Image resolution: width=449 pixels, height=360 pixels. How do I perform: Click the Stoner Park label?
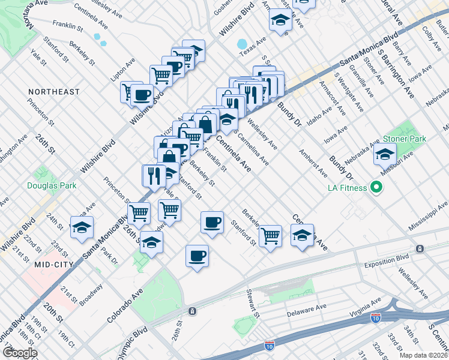pos(404,139)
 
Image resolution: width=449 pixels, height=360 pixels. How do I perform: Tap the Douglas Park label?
pos(52,185)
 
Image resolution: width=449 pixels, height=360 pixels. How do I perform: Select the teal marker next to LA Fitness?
pos(376,188)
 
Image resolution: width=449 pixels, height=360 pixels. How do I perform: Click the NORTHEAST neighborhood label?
pos(53,92)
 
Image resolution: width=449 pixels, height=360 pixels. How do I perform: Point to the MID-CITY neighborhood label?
pos(53,264)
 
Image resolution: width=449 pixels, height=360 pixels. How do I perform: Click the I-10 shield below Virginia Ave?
pos(376,317)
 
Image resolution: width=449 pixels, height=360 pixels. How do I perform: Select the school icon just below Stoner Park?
pos(385,154)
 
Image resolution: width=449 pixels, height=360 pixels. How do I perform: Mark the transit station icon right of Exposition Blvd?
pos(419,248)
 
